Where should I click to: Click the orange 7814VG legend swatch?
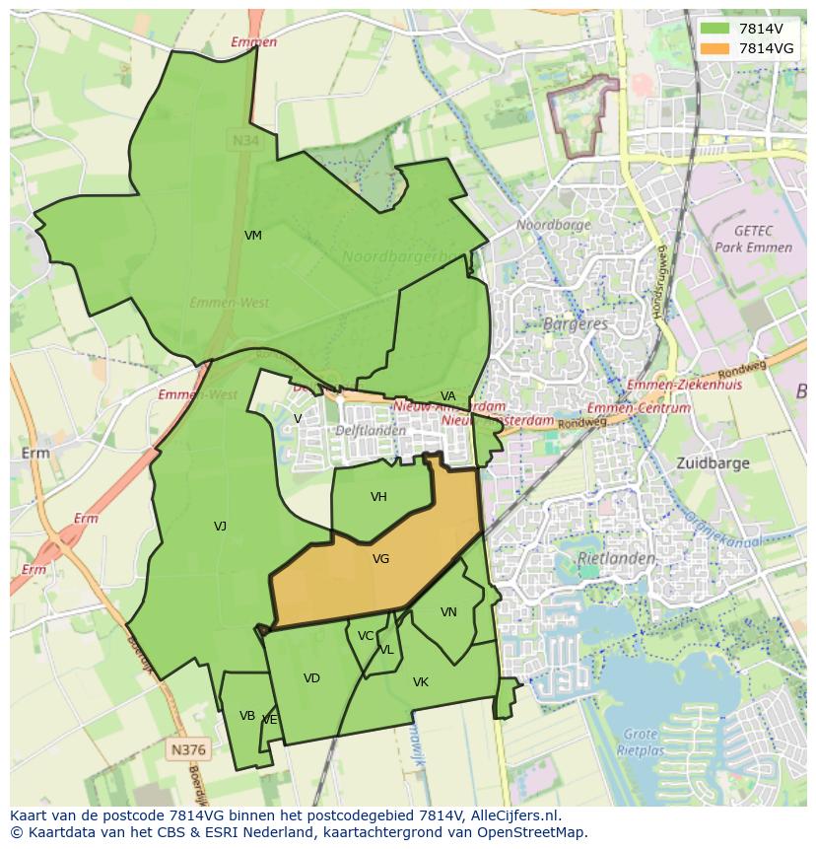click(715, 47)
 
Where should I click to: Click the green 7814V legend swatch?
click(715, 28)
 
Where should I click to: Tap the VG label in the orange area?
click(381, 559)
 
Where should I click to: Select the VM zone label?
click(253, 236)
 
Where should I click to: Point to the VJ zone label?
click(220, 527)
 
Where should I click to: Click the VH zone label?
click(378, 497)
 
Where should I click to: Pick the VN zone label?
click(448, 612)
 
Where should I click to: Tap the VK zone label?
click(421, 682)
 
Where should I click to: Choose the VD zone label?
click(311, 678)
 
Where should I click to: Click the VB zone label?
click(247, 716)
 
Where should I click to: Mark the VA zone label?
click(448, 396)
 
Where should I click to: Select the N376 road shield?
click(188, 749)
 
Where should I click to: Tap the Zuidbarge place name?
click(714, 462)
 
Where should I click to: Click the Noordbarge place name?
click(554, 225)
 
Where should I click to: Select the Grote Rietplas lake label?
click(641, 742)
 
